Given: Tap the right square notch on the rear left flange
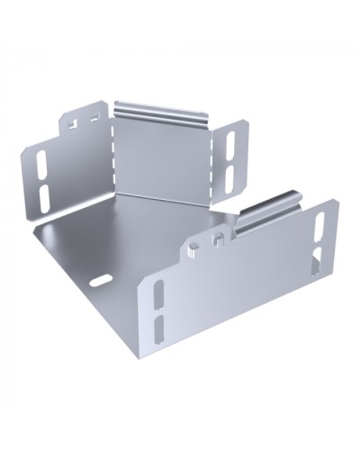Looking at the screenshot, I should [x=94, y=116].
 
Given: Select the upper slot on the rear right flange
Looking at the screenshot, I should [x=229, y=144].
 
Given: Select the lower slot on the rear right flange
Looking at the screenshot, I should [x=229, y=173].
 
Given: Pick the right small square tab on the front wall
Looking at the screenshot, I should [x=219, y=238].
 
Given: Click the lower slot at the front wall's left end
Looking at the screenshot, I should [x=159, y=328].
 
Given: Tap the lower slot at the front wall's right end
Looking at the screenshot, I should [x=317, y=265].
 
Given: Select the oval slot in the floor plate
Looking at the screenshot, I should [x=98, y=281].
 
